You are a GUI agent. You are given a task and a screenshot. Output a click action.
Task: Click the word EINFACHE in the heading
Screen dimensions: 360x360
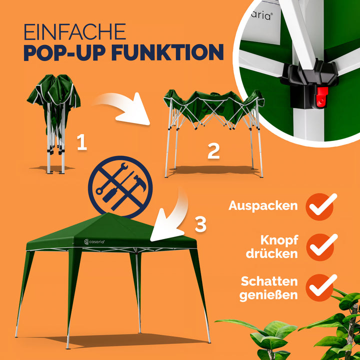click(x=75, y=31)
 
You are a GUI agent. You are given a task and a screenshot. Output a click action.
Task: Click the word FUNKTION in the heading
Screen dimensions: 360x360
click(x=167, y=52)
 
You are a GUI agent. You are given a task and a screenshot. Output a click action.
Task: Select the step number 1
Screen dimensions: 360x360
click(x=82, y=142)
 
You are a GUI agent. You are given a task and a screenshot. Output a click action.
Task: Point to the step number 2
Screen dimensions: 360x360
click(x=213, y=151)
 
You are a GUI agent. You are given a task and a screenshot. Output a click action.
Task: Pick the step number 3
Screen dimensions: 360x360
click(x=200, y=224)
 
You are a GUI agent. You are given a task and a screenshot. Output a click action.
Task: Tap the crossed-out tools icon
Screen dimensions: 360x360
click(x=120, y=186)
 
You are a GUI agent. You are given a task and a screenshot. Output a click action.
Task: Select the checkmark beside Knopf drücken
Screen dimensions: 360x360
click(x=322, y=246)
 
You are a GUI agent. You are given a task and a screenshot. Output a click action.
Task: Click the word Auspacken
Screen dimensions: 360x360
click(x=263, y=206)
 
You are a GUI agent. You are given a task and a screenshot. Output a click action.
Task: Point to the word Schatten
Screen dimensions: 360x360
click(x=269, y=281)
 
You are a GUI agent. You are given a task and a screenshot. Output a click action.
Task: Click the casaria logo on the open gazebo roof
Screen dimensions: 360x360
click(x=94, y=242)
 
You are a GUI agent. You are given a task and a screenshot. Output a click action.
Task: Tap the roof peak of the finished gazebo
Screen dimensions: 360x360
click(x=108, y=213)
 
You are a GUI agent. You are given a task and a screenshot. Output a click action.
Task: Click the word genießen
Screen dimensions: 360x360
click(x=268, y=295)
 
